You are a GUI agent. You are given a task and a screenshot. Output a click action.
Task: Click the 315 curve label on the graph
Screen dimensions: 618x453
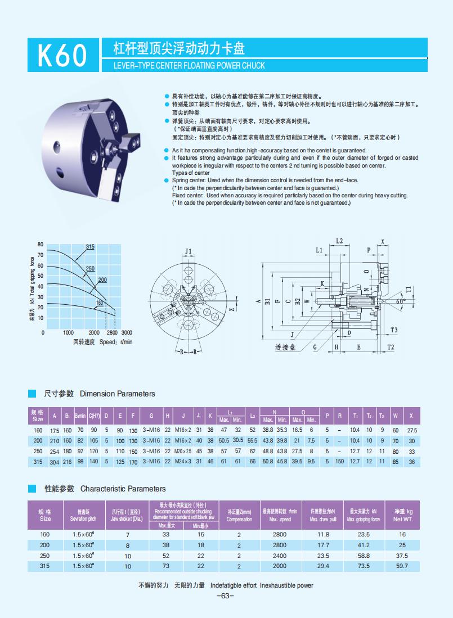90,247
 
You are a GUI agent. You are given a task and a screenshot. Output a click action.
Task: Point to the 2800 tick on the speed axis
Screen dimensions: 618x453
111,332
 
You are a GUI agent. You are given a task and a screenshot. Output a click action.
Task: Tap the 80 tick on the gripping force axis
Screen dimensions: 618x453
40,244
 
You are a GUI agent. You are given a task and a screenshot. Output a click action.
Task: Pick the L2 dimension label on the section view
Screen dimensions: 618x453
339,241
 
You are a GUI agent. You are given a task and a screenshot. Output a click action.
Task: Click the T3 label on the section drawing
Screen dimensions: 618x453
394,330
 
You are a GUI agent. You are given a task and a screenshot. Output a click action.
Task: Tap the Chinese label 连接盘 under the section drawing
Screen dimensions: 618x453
285,347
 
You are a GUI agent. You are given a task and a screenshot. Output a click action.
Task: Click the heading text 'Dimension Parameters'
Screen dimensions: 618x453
118,394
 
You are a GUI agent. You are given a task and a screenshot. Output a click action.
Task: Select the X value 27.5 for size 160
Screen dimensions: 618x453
412,430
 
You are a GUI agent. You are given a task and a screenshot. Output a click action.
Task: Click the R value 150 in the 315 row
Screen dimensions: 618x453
340,462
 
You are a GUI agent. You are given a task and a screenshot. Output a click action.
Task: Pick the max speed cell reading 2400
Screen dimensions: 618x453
279,556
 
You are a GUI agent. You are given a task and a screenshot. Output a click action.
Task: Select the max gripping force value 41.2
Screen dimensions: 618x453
364,545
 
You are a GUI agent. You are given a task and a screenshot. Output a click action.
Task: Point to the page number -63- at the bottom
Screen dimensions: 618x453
225,596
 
